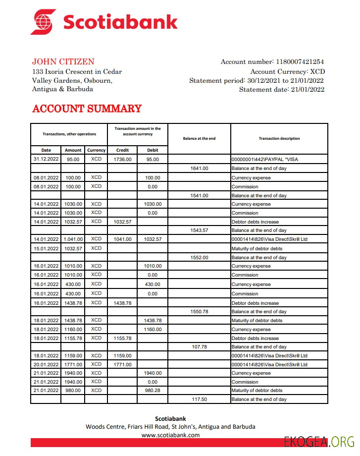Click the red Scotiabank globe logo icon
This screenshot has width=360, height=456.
[x=44, y=22]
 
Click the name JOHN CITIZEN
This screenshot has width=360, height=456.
[x=63, y=62]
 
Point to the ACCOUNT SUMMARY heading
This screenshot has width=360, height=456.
[x=87, y=109]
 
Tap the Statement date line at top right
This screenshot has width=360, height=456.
[x=281, y=90]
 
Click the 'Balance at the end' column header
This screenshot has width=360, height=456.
[x=199, y=139]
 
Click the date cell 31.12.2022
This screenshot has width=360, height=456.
[x=46, y=160]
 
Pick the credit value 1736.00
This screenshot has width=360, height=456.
[x=122, y=160]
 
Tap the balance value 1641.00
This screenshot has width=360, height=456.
[x=199, y=169]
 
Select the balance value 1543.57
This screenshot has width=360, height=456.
[x=199, y=230]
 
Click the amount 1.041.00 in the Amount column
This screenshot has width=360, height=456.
[x=73, y=239]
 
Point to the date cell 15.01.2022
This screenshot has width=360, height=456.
[x=46, y=248]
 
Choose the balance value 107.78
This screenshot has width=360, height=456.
[x=199, y=347]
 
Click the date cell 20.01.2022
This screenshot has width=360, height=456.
[x=46, y=364]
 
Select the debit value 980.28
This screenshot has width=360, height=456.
[x=153, y=391]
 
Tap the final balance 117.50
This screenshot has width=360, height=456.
[x=199, y=399]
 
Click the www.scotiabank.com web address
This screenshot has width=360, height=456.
[x=170, y=435]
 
